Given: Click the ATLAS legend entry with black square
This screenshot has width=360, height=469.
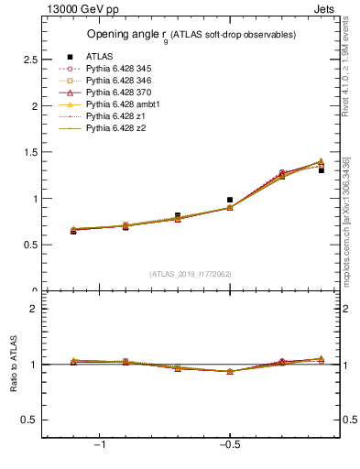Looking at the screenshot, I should pyautogui.click(x=99, y=57).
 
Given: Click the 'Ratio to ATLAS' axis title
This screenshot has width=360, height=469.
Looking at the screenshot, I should pyautogui.click(x=12, y=365).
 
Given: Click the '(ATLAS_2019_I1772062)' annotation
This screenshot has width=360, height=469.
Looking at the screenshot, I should pyautogui.click(x=190, y=273).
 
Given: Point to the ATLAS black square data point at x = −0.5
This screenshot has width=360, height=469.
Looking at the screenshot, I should pyautogui.click(x=230, y=199).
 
